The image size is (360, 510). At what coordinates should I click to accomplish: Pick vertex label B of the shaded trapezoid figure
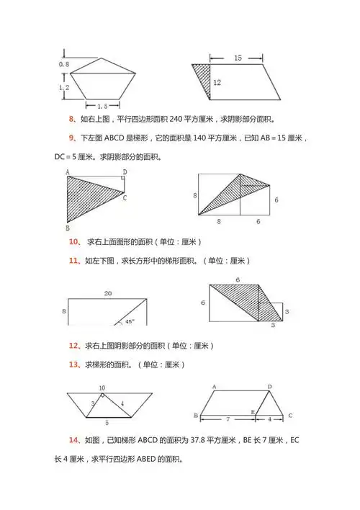(66, 225)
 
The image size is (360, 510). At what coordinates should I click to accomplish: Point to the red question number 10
(73, 242)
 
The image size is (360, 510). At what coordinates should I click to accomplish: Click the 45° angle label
(130, 322)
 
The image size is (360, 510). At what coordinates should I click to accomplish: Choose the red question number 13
(73, 364)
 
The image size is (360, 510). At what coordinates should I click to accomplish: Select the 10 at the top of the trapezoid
(102, 388)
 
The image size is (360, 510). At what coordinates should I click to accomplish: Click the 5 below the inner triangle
(107, 422)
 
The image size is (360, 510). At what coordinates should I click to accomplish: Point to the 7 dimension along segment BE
(228, 419)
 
